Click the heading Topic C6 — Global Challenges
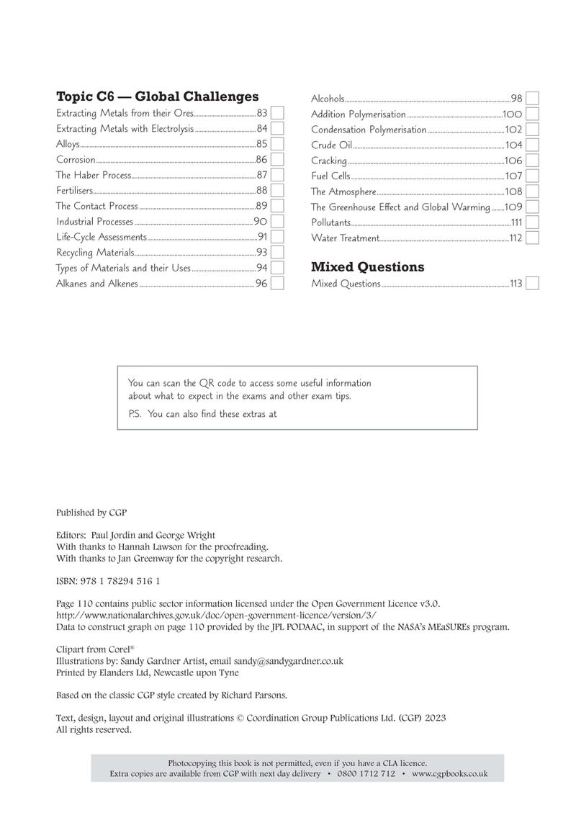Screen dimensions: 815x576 pos(157,96)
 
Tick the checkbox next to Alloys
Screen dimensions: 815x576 pos(276,144)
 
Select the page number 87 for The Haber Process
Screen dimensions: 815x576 pos(261,175)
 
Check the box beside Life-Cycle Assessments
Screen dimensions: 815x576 pos(276,237)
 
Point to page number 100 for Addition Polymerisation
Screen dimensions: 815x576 pos(512,114)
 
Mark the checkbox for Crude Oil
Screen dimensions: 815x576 pos(533,145)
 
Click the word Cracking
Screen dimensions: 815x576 pos(328,161)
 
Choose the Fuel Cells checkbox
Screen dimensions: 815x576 pos(533,176)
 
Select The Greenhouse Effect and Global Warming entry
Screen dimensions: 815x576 pos(400,207)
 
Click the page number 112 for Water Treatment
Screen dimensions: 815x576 pos(515,238)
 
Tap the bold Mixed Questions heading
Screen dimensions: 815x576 pos(367,267)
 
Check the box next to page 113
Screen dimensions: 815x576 pos(533,284)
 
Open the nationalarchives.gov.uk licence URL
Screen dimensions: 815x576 pos(215,616)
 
